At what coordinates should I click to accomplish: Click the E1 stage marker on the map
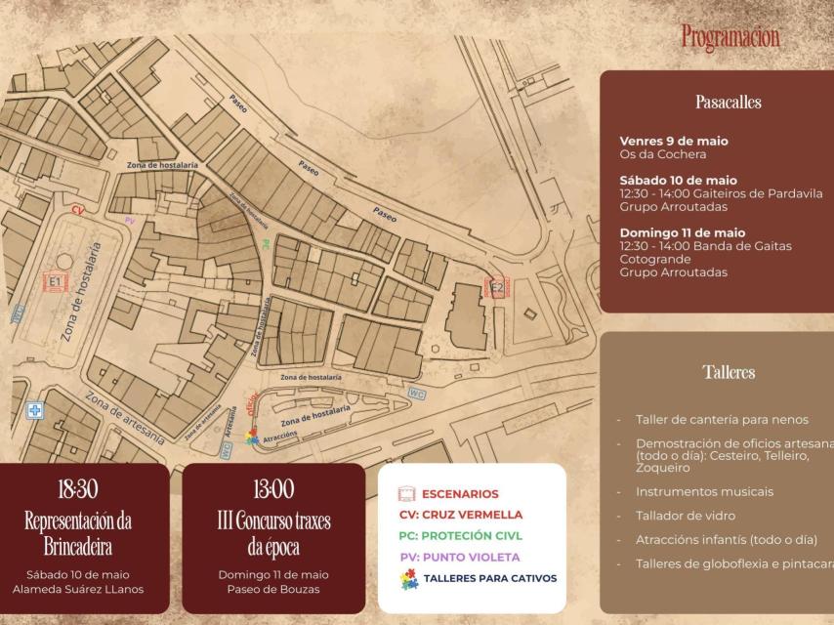(x=56, y=282)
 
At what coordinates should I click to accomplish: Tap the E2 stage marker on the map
(x=497, y=287)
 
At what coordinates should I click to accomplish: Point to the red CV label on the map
(x=77, y=209)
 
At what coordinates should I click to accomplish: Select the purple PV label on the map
(x=130, y=222)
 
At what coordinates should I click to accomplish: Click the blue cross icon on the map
(x=35, y=411)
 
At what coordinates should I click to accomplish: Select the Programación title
(x=730, y=37)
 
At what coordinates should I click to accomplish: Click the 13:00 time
(x=272, y=489)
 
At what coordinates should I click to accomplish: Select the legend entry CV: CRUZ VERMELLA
(x=461, y=515)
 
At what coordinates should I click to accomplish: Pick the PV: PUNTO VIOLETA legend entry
(x=460, y=557)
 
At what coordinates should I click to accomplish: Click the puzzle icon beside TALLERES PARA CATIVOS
(x=410, y=578)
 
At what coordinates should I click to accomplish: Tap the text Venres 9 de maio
(x=674, y=142)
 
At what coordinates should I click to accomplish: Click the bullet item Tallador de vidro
(x=685, y=516)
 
